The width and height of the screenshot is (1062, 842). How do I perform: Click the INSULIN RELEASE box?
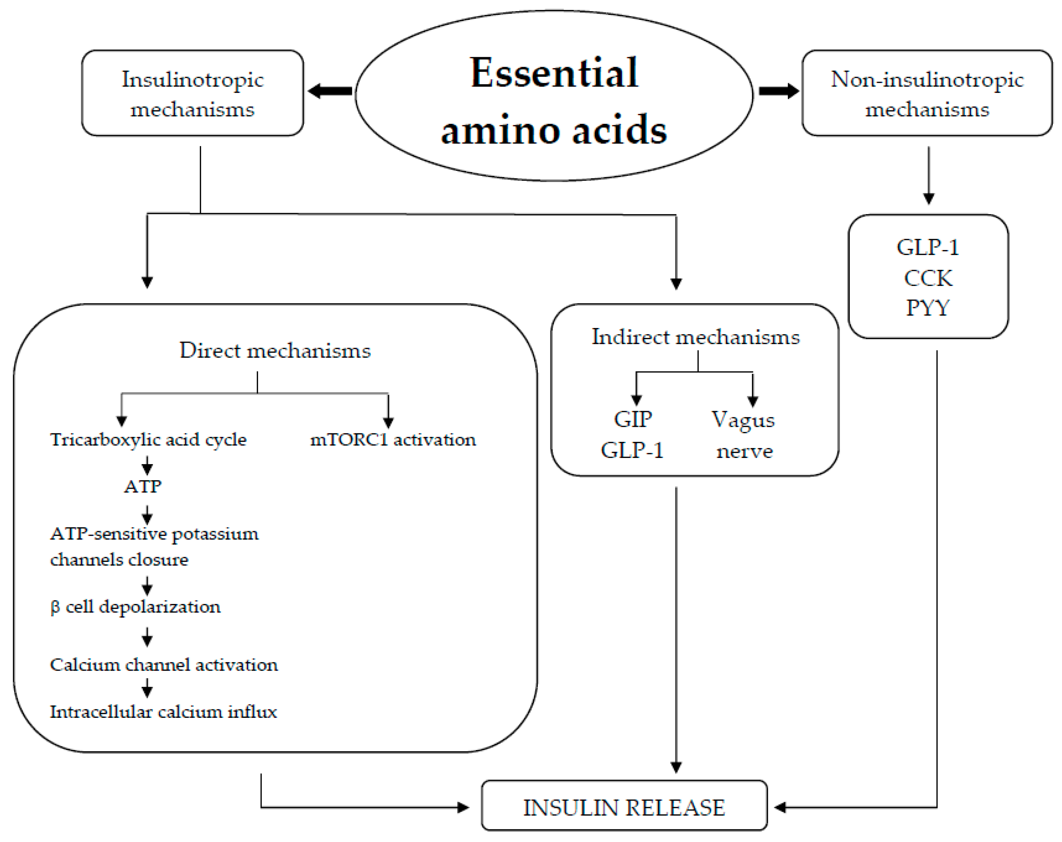tap(624, 807)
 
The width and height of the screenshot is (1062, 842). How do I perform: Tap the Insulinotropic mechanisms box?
tap(192, 93)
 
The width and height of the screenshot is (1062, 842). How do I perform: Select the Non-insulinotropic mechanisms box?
tap(927, 93)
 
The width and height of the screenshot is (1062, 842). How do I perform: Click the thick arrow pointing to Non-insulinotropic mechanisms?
tap(778, 91)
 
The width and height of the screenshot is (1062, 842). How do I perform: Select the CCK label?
tap(928, 278)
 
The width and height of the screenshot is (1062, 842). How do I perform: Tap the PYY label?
tap(928, 308)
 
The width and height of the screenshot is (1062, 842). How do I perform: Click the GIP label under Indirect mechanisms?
tap(633, 420)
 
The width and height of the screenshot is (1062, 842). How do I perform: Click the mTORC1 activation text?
tap(393, 439)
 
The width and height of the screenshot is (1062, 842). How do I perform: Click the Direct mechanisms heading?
tap(275, 351)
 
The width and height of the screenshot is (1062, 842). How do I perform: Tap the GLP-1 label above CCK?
tap(928, 247)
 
